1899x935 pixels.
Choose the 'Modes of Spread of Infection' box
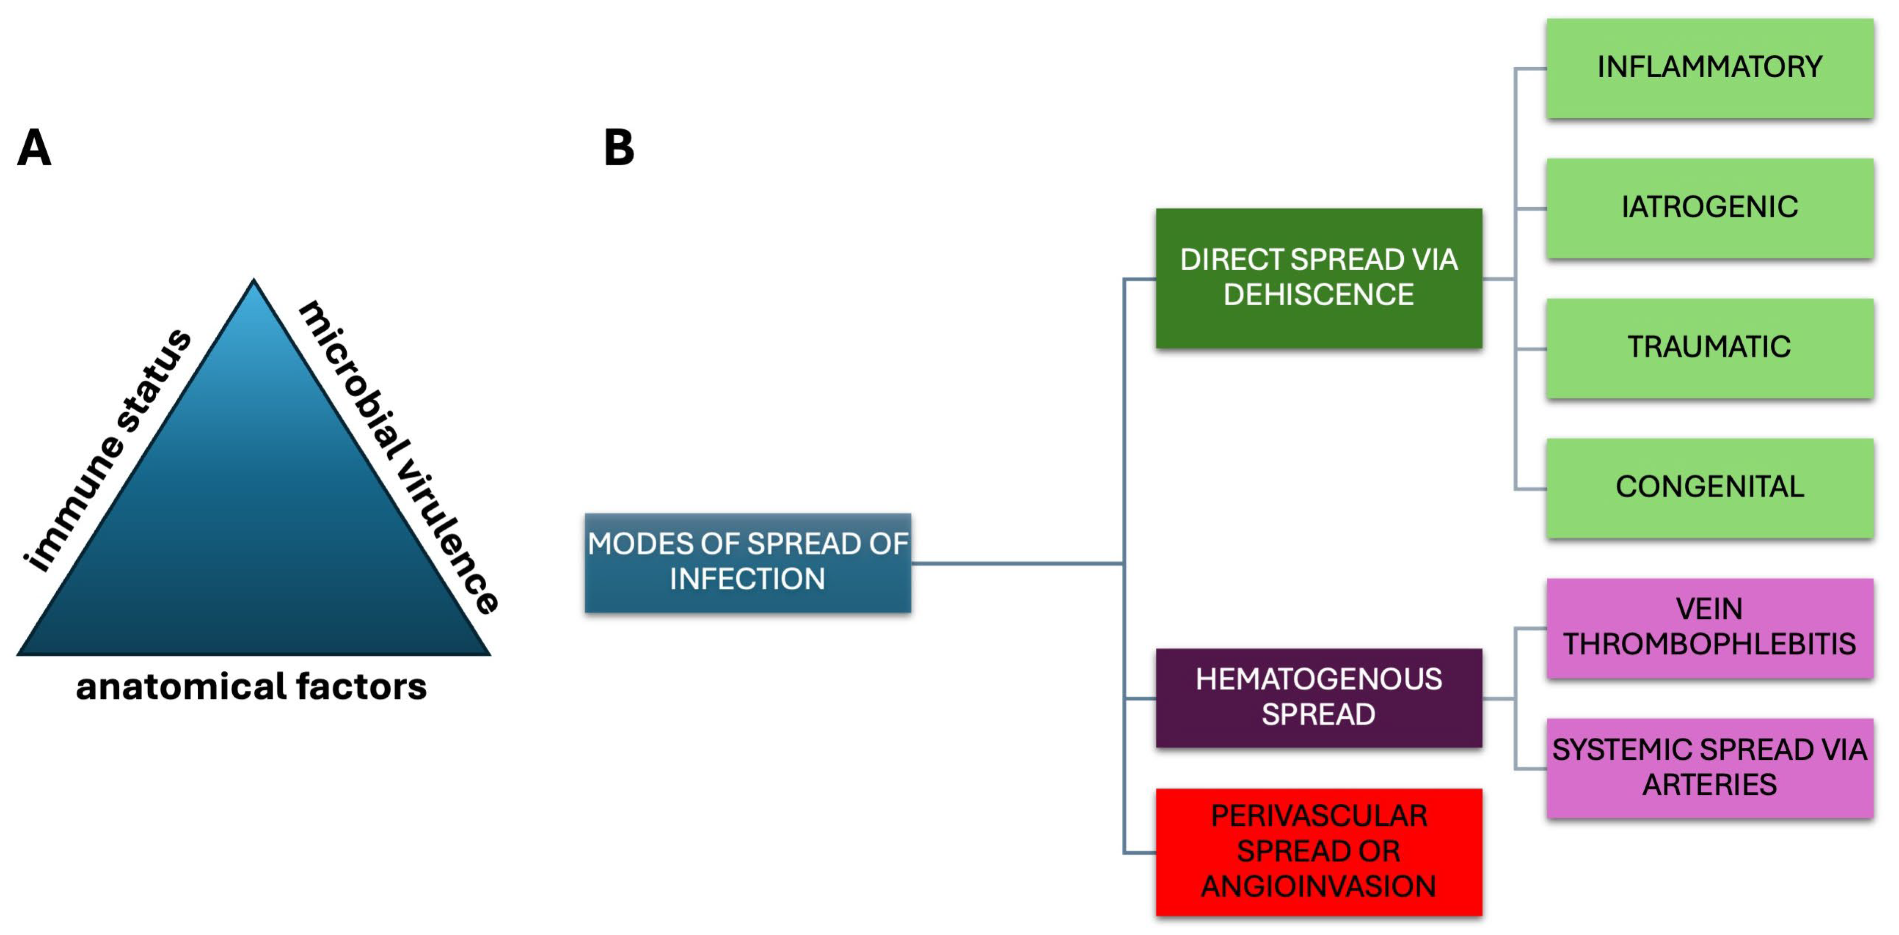point(747,562)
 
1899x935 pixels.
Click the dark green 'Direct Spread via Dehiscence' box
point(1318,278)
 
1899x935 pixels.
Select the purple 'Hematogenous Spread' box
point(1318,697)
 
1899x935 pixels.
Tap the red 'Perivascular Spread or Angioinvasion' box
point(1318,852)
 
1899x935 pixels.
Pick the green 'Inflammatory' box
point(1709,68)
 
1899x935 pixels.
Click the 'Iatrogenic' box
point(1709,208)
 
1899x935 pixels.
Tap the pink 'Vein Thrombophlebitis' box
point(1709,628)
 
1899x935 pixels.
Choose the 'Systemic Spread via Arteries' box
point(1709,768)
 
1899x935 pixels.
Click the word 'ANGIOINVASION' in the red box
point(1318,886)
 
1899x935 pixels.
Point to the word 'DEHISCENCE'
point(1318,295)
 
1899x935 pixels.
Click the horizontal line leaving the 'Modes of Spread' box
point(1017,564)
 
